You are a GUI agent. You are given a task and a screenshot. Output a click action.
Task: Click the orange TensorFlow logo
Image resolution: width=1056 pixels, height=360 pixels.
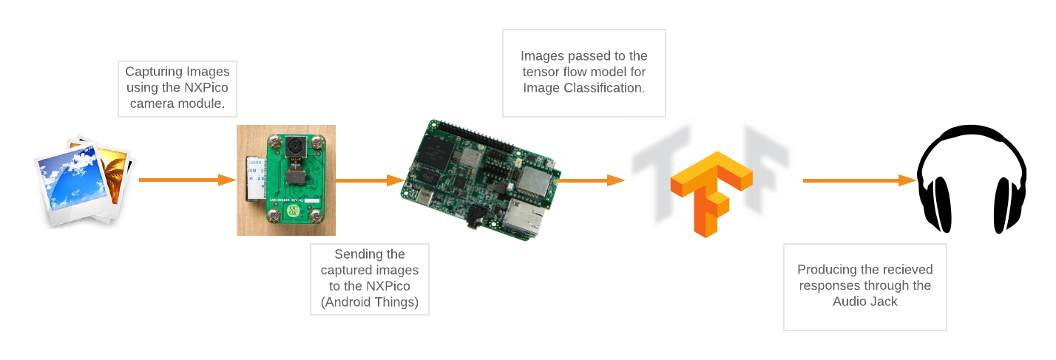click(711, 193)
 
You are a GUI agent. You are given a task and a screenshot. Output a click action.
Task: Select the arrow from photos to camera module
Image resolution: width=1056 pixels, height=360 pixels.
click(187, 180)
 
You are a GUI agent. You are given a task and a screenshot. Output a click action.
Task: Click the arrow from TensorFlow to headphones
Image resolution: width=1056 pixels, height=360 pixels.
click(859, 180)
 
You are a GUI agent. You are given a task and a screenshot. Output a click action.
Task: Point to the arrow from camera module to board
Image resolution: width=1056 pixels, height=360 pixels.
click(370, 180)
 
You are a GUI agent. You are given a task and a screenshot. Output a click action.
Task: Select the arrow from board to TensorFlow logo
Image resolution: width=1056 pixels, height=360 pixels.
click(591, 180)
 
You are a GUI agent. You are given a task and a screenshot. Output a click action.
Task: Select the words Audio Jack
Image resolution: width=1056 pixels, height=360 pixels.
click(865, 302)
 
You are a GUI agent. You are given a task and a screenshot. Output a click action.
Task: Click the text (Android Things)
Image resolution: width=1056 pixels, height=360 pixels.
click(370, 302)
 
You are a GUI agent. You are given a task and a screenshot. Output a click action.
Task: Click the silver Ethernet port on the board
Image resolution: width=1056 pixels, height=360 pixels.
click(524, 218)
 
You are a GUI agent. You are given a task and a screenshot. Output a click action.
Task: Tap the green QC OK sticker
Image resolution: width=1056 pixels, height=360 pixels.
click(294, 211)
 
